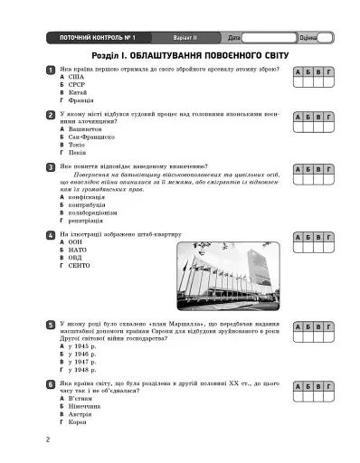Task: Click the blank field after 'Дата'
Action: tap(270, 38)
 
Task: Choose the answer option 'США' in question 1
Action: tap(74, 78)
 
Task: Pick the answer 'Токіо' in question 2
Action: tap(76, 145)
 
